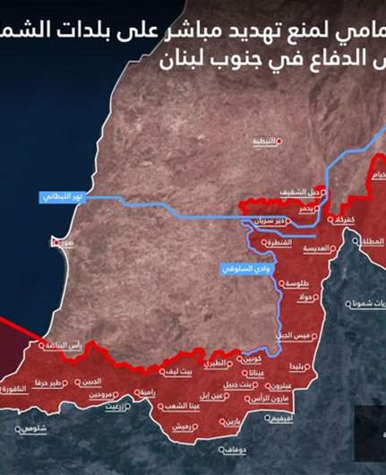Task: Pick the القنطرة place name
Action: point(277,243)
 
